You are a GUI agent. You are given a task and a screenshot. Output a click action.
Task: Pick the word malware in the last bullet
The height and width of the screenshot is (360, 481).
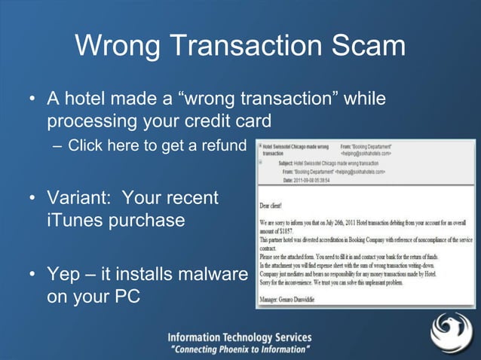208,275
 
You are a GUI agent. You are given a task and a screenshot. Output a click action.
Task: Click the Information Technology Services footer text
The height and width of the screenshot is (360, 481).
239,337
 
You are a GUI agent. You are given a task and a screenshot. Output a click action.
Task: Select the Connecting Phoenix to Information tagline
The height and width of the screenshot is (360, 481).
239,349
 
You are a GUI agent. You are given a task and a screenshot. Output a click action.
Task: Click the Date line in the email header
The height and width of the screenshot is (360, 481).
310,179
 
